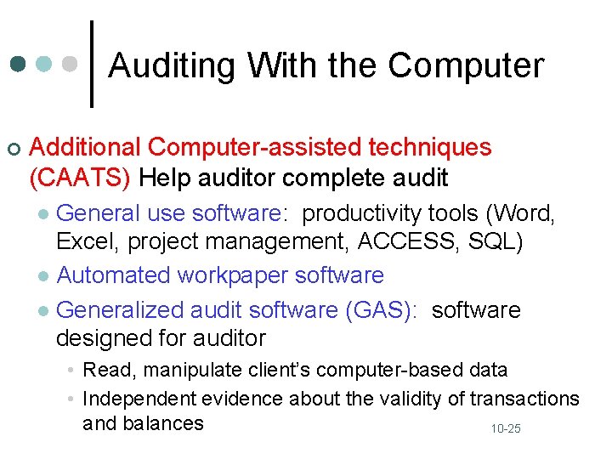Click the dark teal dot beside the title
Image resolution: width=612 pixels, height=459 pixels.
tap(18, 65)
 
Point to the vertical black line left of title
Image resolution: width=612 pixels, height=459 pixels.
tap(92, 64)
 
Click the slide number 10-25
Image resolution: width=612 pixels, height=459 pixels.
tap(505, 429)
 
